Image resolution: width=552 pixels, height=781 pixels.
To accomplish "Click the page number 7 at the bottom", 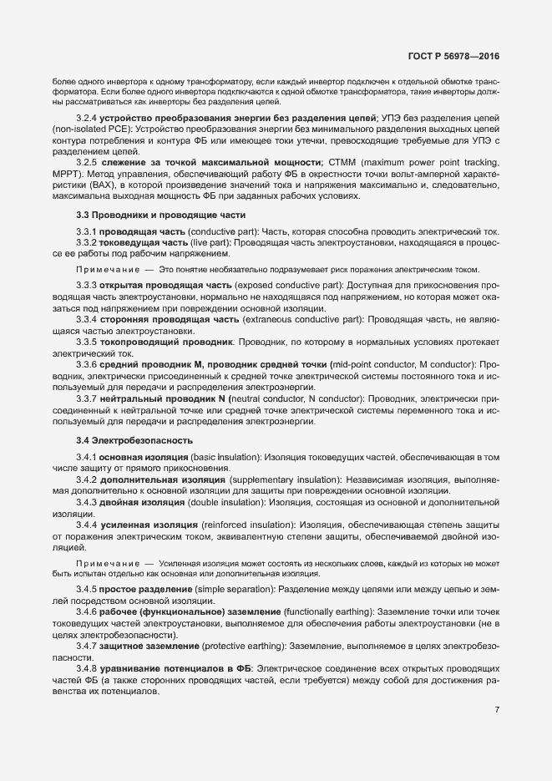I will click(497, 711).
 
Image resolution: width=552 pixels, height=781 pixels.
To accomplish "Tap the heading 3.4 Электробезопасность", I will click(122, 439).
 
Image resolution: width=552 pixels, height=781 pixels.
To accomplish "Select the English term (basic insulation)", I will click(215, 458).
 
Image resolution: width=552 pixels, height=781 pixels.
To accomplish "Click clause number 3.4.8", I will click(87, 671).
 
